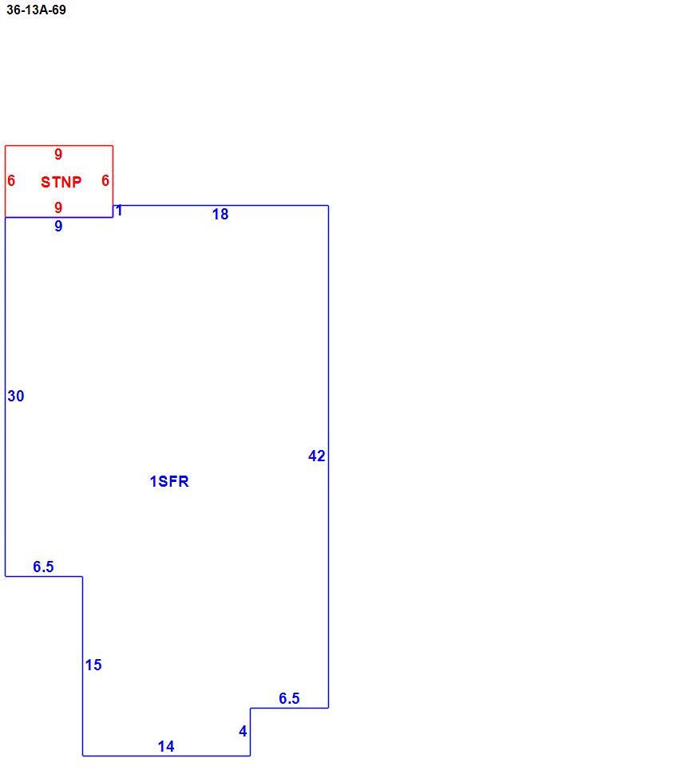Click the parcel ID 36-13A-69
36,10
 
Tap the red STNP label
61,182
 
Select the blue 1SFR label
169,481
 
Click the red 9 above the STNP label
58,154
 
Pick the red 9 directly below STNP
58,207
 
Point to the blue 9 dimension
58,226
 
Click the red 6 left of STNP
11,180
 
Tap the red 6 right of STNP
105,180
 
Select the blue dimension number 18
220,214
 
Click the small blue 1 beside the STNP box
119,211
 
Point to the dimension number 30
16,396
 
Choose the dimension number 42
317,456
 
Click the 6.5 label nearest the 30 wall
43,567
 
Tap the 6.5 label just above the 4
289,698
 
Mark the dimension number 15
93,665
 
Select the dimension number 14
166,746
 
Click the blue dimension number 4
243,731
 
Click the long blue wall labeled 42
328,456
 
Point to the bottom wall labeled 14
166,756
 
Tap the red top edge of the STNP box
59,145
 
